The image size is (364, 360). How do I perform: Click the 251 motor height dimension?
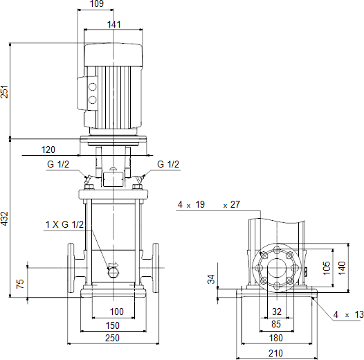pos(4,92)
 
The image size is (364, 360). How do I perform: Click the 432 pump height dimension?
pos(4,218)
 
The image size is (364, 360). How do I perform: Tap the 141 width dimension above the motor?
pos(113,24)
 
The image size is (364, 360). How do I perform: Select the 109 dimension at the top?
pos(97,3)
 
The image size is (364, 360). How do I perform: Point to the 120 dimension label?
pos(48,150)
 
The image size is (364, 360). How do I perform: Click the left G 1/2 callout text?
pos(58,164)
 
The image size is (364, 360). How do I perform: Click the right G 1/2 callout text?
pos(168,164)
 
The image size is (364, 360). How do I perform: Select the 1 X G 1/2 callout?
pos(64,224)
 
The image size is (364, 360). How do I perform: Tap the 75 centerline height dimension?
pos(20,284)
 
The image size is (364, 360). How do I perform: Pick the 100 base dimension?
pos(116,312)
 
